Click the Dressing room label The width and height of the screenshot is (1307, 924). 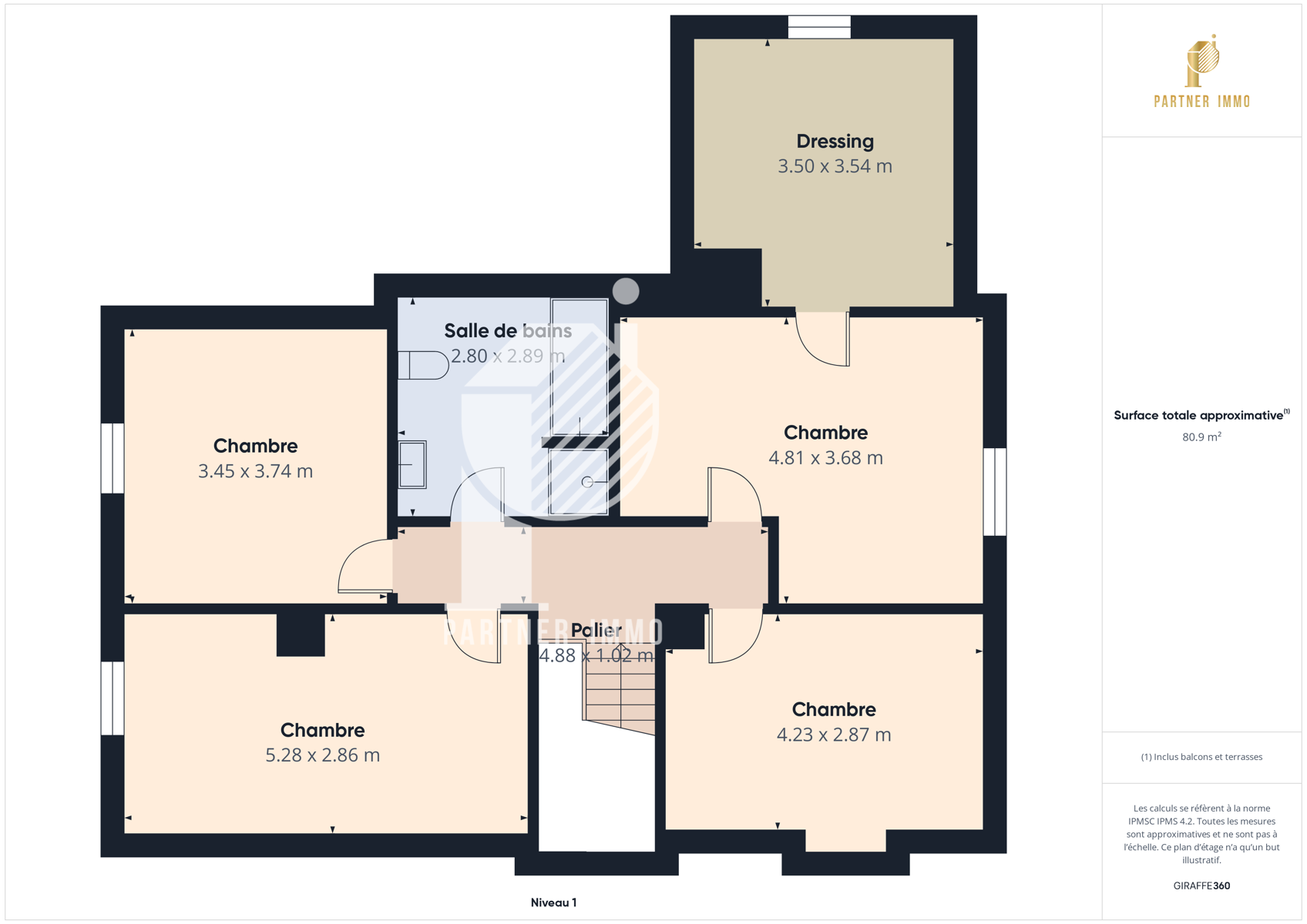[835, 141]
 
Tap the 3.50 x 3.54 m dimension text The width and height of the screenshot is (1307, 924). [835, 166]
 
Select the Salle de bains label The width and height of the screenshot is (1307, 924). [508, 330]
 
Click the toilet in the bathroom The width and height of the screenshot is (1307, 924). [423, 366]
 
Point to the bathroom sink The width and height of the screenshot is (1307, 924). [412, 464]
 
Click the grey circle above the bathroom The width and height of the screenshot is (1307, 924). [626, 291]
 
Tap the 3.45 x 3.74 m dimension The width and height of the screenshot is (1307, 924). [256, 471]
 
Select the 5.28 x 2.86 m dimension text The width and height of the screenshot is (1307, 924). [323, 755]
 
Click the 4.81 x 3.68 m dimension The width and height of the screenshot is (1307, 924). [825, 457]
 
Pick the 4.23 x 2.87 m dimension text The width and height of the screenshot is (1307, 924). [834, 735]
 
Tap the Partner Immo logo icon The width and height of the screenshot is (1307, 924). [1202, 60]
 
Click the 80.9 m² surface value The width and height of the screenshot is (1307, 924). [1201, 437]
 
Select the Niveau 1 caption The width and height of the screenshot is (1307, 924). [554, 902]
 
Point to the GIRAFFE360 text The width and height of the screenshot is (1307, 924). [1201, 885]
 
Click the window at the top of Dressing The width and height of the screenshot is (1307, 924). [819, 28]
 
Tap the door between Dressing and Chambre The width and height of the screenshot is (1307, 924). [823, 339]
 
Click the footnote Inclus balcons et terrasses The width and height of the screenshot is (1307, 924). [1201, 757]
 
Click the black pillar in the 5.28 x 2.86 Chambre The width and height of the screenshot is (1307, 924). [301, 634]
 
